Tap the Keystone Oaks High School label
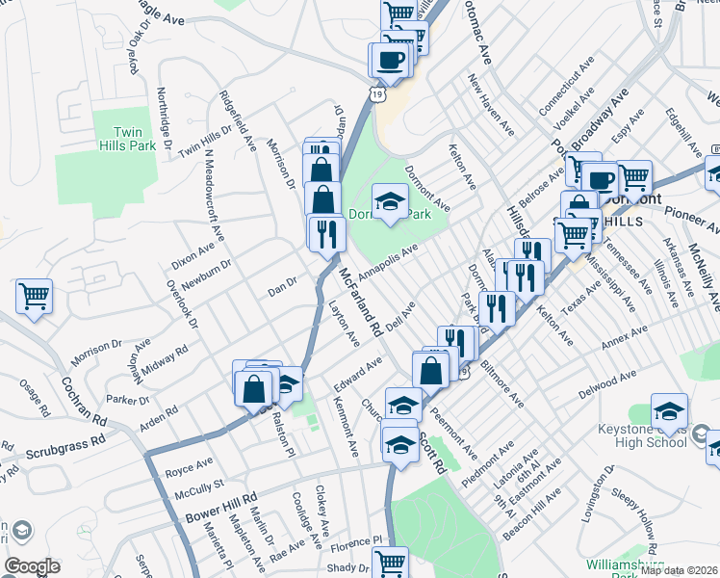pos(661,434)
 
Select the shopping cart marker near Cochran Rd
pos(34,297)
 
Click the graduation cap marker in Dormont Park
pos(390,202)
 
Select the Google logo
pos(32,566)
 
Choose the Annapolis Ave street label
pos(388,263)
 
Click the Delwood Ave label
pos(607,385)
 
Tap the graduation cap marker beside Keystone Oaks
pos(669,410)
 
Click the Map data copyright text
pos(679,569)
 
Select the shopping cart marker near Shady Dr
pos(390,564)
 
